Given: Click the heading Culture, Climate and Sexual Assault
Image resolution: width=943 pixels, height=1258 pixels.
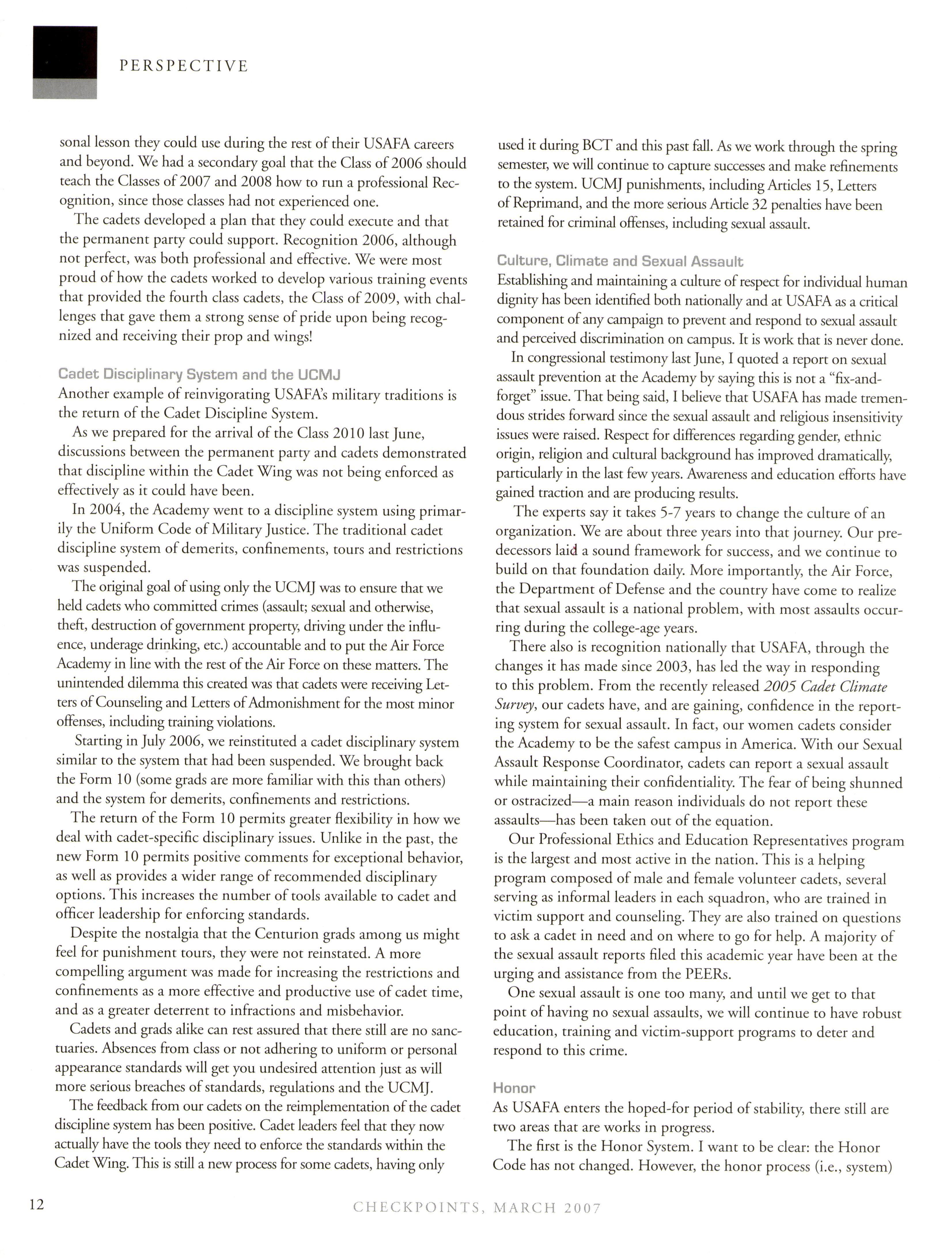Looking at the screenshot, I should coord(620,262).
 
